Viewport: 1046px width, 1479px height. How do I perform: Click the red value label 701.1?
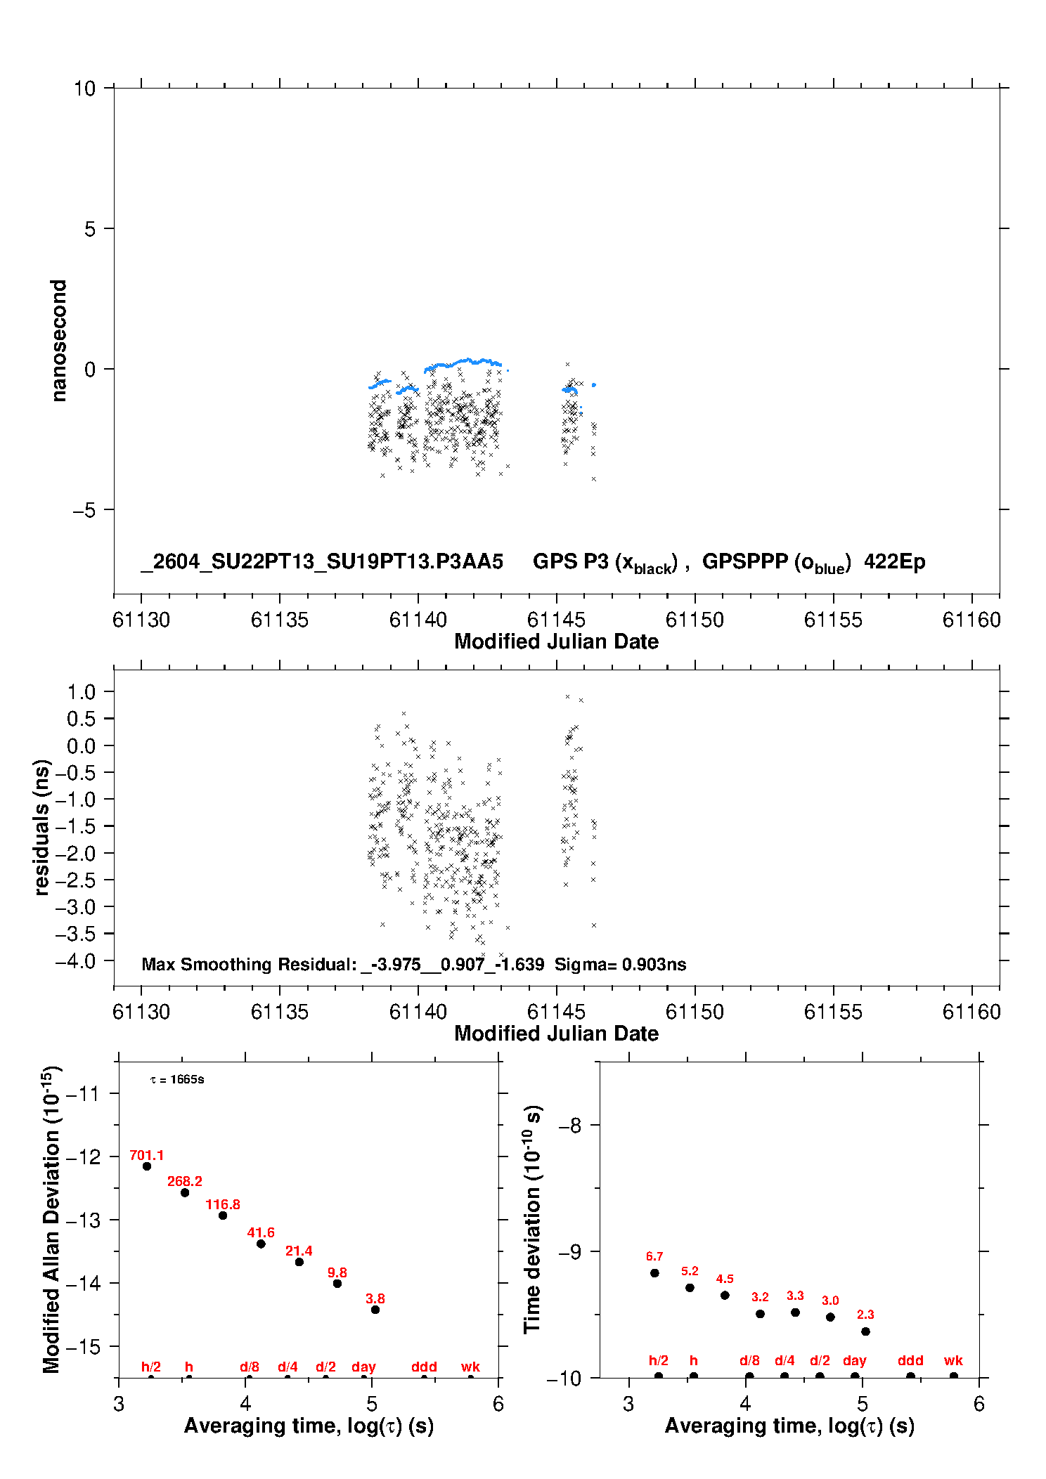click(x=146, y=1155)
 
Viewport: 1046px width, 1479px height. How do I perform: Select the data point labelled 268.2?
click(x=185, y=1192)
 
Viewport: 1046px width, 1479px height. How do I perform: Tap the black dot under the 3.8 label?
click(x=375, y=1310)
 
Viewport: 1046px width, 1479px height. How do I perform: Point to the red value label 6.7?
click(x=654, y=1256)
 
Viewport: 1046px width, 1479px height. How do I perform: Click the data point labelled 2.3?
click(x=865, y=1331)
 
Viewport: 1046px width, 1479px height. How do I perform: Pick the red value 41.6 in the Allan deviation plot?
click(x=261, y=1232)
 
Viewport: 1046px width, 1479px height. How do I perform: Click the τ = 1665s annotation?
click(x=177, y=1079)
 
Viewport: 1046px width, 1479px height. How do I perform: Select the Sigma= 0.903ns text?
click(x=620, y=964)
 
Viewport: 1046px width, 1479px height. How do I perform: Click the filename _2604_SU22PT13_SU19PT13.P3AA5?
click(x=322, y=561)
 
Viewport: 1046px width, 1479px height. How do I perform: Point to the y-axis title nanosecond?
click(x=59, y=340)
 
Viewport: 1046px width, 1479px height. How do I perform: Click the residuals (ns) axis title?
click(x=42, y=827)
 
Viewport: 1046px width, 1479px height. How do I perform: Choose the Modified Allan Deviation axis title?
click(x=51, y=1219)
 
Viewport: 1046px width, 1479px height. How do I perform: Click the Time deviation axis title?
click(x=532, y=1219)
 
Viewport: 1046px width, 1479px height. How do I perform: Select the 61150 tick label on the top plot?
click(x=695, y=620)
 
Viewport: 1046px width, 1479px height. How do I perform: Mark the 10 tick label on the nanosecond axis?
click(x=84, y=88)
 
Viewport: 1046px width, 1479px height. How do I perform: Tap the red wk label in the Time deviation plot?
click(x=953, y=1360)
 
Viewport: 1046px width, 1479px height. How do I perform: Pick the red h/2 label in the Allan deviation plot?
click(x=151, y=1367)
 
